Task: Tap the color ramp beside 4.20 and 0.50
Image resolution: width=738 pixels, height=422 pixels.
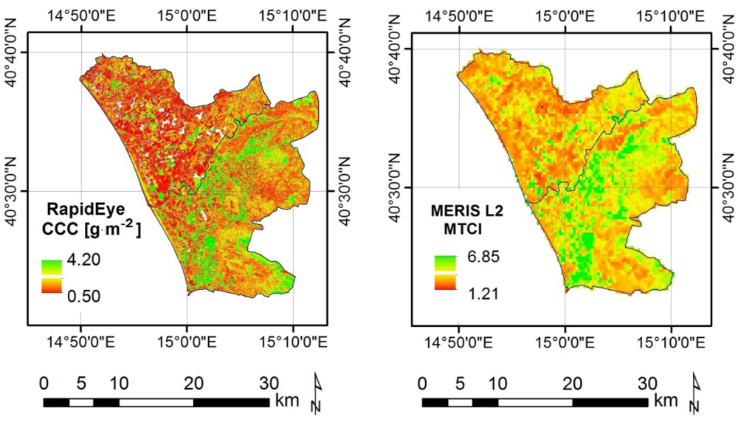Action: click(x=50, y=277)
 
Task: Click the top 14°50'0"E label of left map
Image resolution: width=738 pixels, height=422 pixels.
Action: click(x=81, y=17)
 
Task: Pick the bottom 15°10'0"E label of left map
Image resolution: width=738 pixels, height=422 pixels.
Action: click(x=294, y=342)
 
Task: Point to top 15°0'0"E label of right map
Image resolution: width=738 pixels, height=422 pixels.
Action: click(x=565, y=17)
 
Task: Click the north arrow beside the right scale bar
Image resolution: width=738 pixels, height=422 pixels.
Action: click(x=696, y=390)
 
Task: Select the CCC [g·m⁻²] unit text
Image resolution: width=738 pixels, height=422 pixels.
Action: click(x=93, y=230)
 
